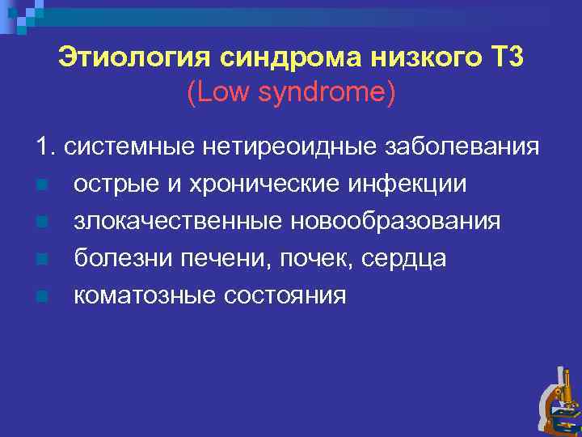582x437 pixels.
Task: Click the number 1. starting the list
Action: [45, 146]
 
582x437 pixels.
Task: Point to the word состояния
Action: [288, 295]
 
